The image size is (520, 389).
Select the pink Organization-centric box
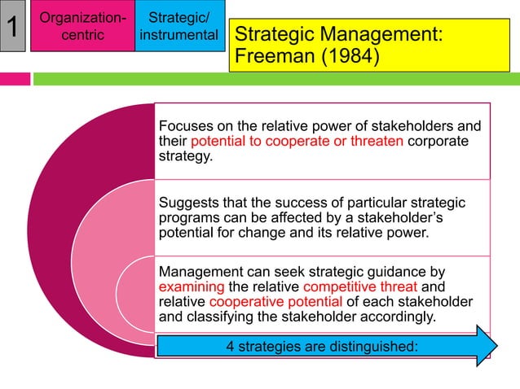[x=82, y=27]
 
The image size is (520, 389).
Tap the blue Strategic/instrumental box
[x=178, y=27]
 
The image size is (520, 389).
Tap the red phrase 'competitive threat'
[x=359, y=286]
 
